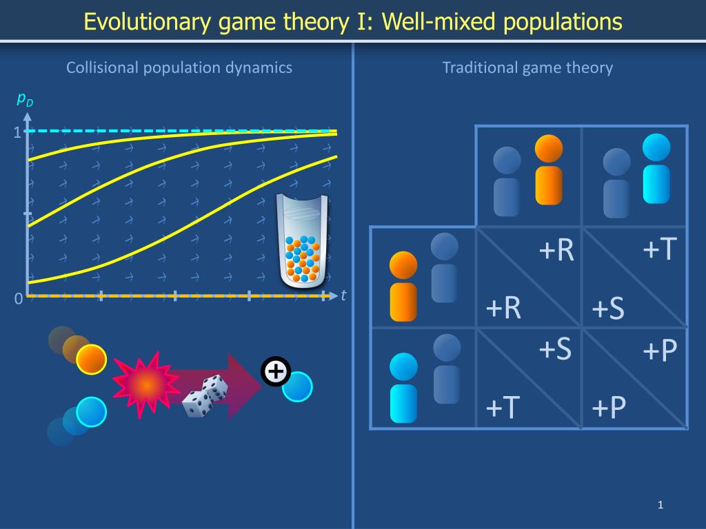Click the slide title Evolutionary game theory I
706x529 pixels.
click(352, 21)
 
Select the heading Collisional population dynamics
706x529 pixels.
click(179, 68)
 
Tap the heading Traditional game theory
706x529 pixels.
click(527, 68)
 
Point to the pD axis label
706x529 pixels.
click(25, 101)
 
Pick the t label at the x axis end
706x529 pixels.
click(343, 295)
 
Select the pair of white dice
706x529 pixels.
click(205, 396)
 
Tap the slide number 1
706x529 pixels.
click(660, 506)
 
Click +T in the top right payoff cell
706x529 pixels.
click(659, 249)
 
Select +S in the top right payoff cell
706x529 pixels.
click(607, 309)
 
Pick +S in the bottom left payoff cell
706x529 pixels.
click(555, 350)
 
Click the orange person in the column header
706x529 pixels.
click(549, 169)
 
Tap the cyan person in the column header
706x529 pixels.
click(656, 169)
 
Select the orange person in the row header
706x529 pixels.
click(403, 286)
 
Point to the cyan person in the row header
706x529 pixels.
click(403, 387)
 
